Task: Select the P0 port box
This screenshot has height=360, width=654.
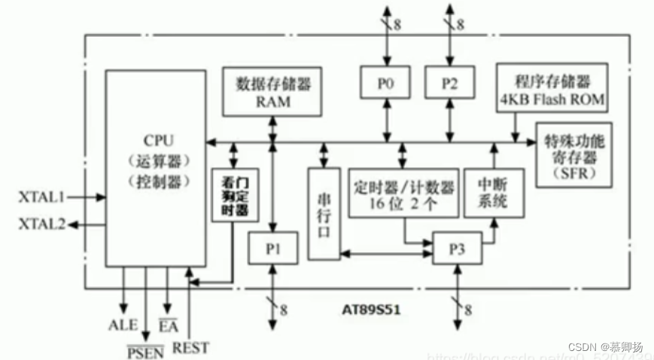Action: pos(385,84)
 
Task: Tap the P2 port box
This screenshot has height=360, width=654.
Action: pos(449,84)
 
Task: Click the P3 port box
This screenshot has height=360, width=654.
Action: pos(456,246)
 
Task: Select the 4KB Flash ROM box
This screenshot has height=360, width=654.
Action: pos(552,90)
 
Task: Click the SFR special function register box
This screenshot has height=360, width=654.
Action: pos(573,154)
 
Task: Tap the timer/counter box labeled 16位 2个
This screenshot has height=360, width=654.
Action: pos(403,193)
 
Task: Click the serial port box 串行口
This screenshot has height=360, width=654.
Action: pos(324,213)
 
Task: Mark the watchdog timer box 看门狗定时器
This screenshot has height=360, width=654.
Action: pos(231,197)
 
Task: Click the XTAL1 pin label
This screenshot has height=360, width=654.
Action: pos(41,197)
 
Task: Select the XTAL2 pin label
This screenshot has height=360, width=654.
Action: pos(41,224)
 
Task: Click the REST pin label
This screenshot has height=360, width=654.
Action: pos(190,347)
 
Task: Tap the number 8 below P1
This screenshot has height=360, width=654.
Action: pos(283,309)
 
